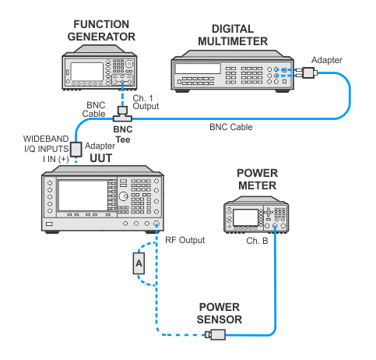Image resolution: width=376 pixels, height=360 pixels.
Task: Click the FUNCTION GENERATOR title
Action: pos(101,30)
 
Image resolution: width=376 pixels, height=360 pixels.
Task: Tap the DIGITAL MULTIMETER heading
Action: pos(233,35)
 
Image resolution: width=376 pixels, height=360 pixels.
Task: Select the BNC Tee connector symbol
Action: pos(122,114)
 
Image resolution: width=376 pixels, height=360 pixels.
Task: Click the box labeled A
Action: pos(139,263)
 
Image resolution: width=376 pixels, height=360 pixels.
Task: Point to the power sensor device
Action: pos(216,334)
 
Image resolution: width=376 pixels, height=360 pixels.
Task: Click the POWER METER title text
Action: pos(258,179)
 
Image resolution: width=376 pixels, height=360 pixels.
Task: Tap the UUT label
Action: pos(100,158)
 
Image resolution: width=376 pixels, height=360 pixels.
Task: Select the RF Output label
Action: pos(185,240)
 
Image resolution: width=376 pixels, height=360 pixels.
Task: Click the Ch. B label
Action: pos(257,241)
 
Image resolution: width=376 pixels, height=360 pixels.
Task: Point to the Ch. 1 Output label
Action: pos(146,102)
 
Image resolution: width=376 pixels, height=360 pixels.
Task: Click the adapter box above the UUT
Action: pos(76,149)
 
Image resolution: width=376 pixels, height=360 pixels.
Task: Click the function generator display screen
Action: pos(87,72)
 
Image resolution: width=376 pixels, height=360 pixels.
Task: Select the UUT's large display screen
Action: pos(83,196)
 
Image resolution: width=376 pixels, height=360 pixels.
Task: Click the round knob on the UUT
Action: pos(123,196)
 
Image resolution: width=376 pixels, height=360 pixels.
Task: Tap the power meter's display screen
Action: pos(245,217)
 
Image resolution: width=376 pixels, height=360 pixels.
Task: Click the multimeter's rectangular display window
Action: pos(198,69)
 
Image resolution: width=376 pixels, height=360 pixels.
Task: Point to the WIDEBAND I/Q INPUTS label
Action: pos(46,143)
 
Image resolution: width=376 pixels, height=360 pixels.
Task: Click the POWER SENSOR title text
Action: pos(220,313)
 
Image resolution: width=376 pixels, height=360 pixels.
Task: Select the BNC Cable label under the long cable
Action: pos(231,127)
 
